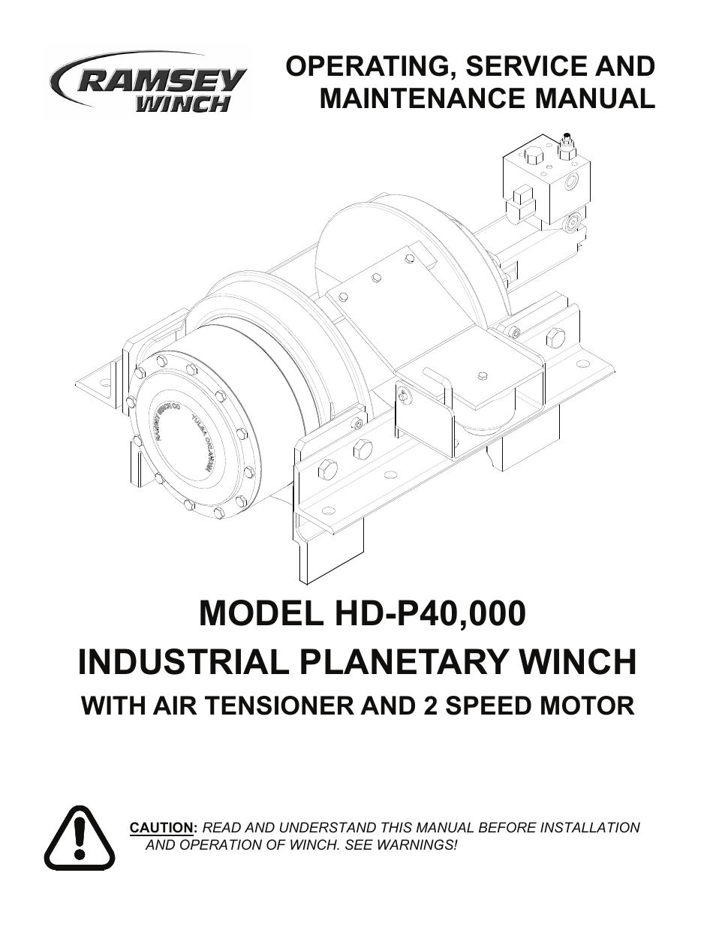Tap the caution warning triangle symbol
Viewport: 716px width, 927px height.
(79, 837)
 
